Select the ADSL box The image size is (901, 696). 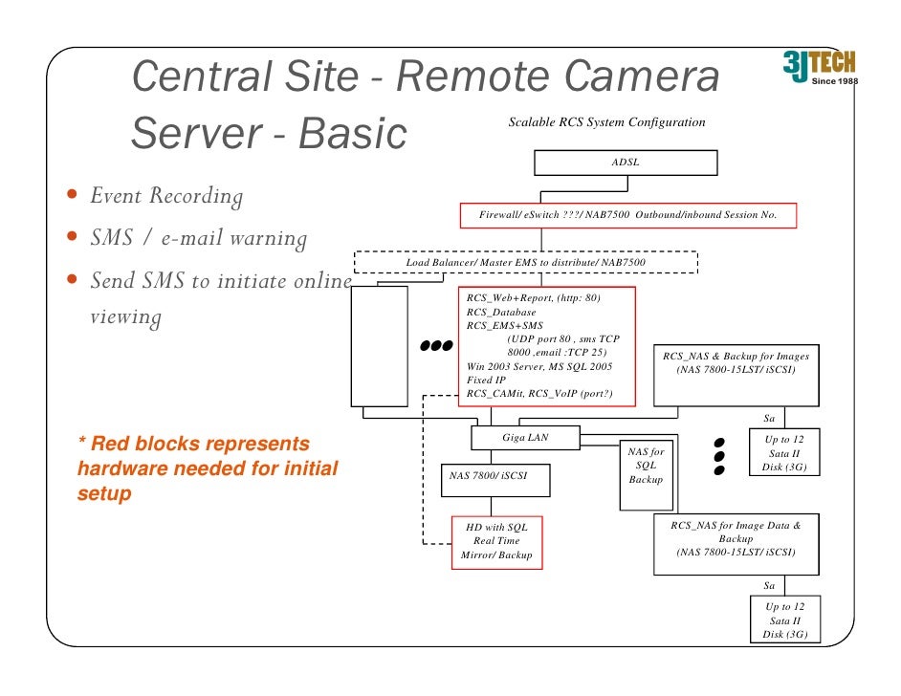(x=626, y=163)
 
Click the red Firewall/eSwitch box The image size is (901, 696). (x=627, y=215)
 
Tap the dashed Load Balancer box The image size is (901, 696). (x=526, y=262)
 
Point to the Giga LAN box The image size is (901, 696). (x=525, y=438)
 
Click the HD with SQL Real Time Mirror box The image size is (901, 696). (x=496, y=541)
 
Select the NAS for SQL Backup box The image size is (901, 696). (x=646, y=464)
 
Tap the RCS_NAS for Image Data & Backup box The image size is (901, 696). (x=736, y=544)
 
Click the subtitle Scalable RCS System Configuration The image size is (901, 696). (x=606, y=122)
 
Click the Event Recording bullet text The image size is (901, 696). (x=166, y=197)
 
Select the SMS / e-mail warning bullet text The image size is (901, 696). (x=198, y=239)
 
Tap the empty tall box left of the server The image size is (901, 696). (x=378, y=346)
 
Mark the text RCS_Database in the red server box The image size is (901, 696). (x=501, y=313)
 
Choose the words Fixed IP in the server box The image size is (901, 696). (x=486, y=380)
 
